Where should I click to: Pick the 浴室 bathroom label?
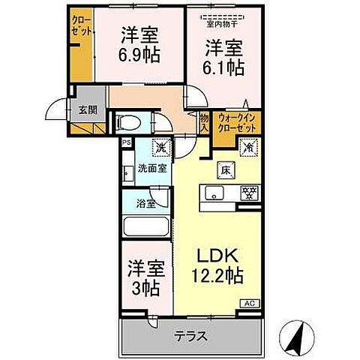point(145,202)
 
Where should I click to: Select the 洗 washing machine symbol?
point(160,147)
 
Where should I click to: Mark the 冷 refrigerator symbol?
point(250,147)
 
